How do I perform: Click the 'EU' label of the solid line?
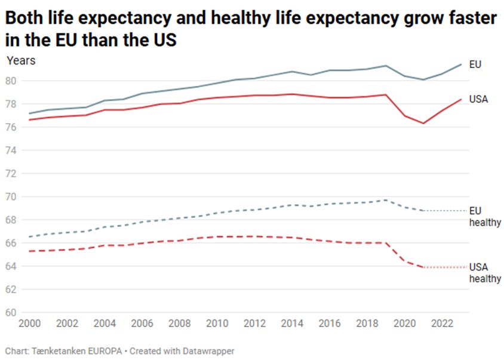(x=475, y=64)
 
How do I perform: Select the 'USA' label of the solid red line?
(x=479, y=99)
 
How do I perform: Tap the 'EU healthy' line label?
(x=484, y=217)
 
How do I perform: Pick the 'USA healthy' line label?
(x=484, y=273)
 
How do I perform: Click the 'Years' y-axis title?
(x=21, y=60)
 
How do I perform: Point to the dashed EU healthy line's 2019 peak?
(x=386, y=200)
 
